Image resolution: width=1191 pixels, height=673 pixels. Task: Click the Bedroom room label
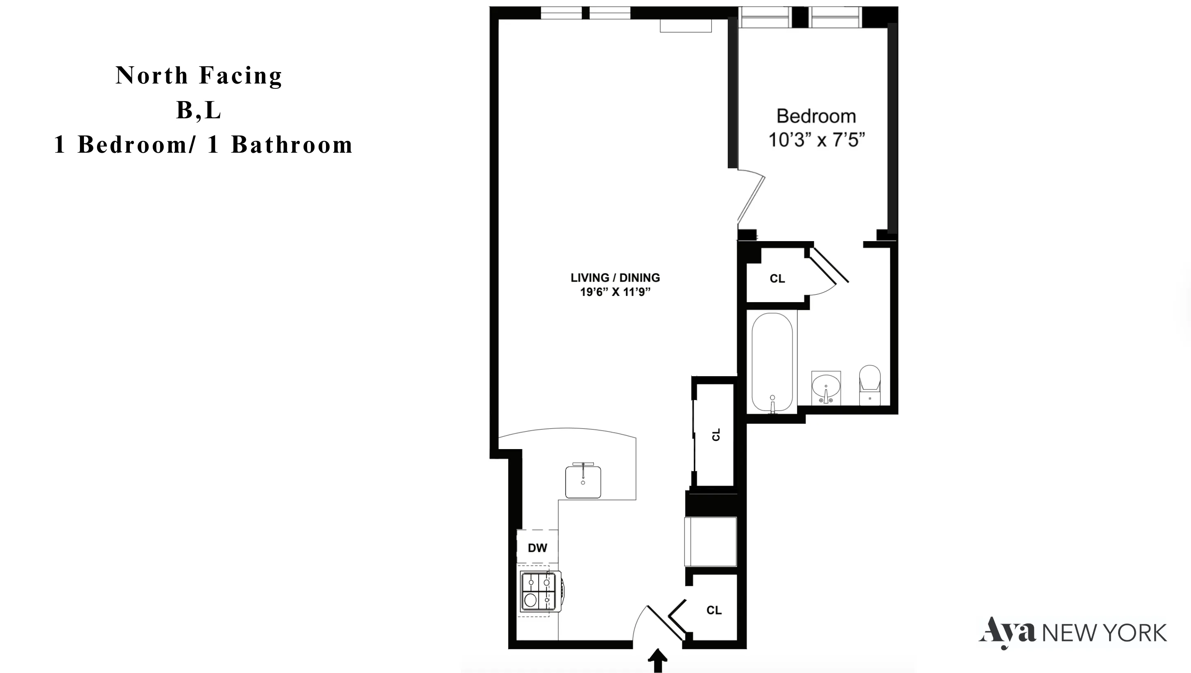pyautogui.click(x=816, y=117)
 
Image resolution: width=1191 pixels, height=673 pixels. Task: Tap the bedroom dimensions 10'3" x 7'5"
pyautogui.click(x=816, y=140)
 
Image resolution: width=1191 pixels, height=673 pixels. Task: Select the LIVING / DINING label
pyautogui.click(x=615, y=278)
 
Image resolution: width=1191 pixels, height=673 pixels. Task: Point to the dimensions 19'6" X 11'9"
pyautogui.click(x=615, y=292)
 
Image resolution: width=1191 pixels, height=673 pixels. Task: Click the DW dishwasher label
pyautogui.click(x=537, y=548)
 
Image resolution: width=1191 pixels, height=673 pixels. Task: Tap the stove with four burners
pyautogui.click(x=539, y=592)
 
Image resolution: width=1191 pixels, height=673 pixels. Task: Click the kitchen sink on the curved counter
pyautogui.click(x=583, y=482)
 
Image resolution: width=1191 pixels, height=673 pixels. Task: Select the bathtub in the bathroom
pyautogui.click(x=772, y=363)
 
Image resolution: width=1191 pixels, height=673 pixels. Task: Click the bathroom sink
pyautogui.click(x=826, y=387)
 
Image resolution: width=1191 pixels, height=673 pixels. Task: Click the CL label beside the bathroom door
pyautogui.click(x=777, y=279)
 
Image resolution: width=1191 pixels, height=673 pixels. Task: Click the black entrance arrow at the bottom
pyautogui.click(x=657, y=660)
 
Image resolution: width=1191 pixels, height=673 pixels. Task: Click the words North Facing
pyautogui.click(x=199, y=76)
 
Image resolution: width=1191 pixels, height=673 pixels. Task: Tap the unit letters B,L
pyautogui.click(x=199, y=111)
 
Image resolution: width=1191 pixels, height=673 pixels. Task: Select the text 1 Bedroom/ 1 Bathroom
pyautogui.click(x=204, y=145)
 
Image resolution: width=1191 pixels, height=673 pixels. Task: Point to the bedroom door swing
pyautogui.click(x=751, y=199)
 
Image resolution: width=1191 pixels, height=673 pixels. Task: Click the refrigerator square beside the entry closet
pyautogui.click(x=711, y=541)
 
